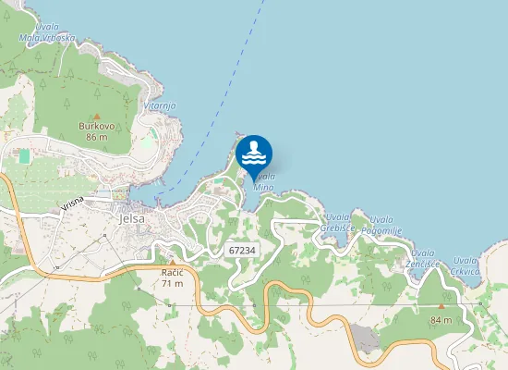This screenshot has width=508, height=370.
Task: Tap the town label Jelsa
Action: pyautogui.click(x=133, y=219)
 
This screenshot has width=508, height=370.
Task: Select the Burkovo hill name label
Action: pyautogui.click(x=97, y=126)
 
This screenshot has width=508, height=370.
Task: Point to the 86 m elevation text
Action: pyautogui.click(x=97, y=137)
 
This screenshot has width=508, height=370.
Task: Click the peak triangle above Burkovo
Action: pyautogui.click(x=97, y=116)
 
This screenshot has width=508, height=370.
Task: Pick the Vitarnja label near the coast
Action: pyautogui.click(x=159, y=105)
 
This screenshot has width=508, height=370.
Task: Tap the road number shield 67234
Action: pyautogui.click(x=241, y=250)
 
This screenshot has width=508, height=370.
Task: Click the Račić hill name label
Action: pyautogui.click(x=172, y=272)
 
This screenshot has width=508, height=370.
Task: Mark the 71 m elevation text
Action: pyautogui.click(x=172, y=283)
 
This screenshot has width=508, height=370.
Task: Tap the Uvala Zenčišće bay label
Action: pyautogui.click(x=423, y=258)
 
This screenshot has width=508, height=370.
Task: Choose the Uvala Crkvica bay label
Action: pyautogui.click(x=466, y=266)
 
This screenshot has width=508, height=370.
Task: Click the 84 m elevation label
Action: pyautogui.click(x=441, y=320)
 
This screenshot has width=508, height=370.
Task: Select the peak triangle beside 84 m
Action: pyautogui.click(x=441, y=307)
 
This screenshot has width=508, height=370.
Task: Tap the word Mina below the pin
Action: pyautogui.click(x=263, y=187)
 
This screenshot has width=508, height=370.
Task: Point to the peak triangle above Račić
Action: pyautogui.click(x=172, y=263)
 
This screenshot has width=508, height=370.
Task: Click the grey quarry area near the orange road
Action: pyautogui.click(x=366, y=337)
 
